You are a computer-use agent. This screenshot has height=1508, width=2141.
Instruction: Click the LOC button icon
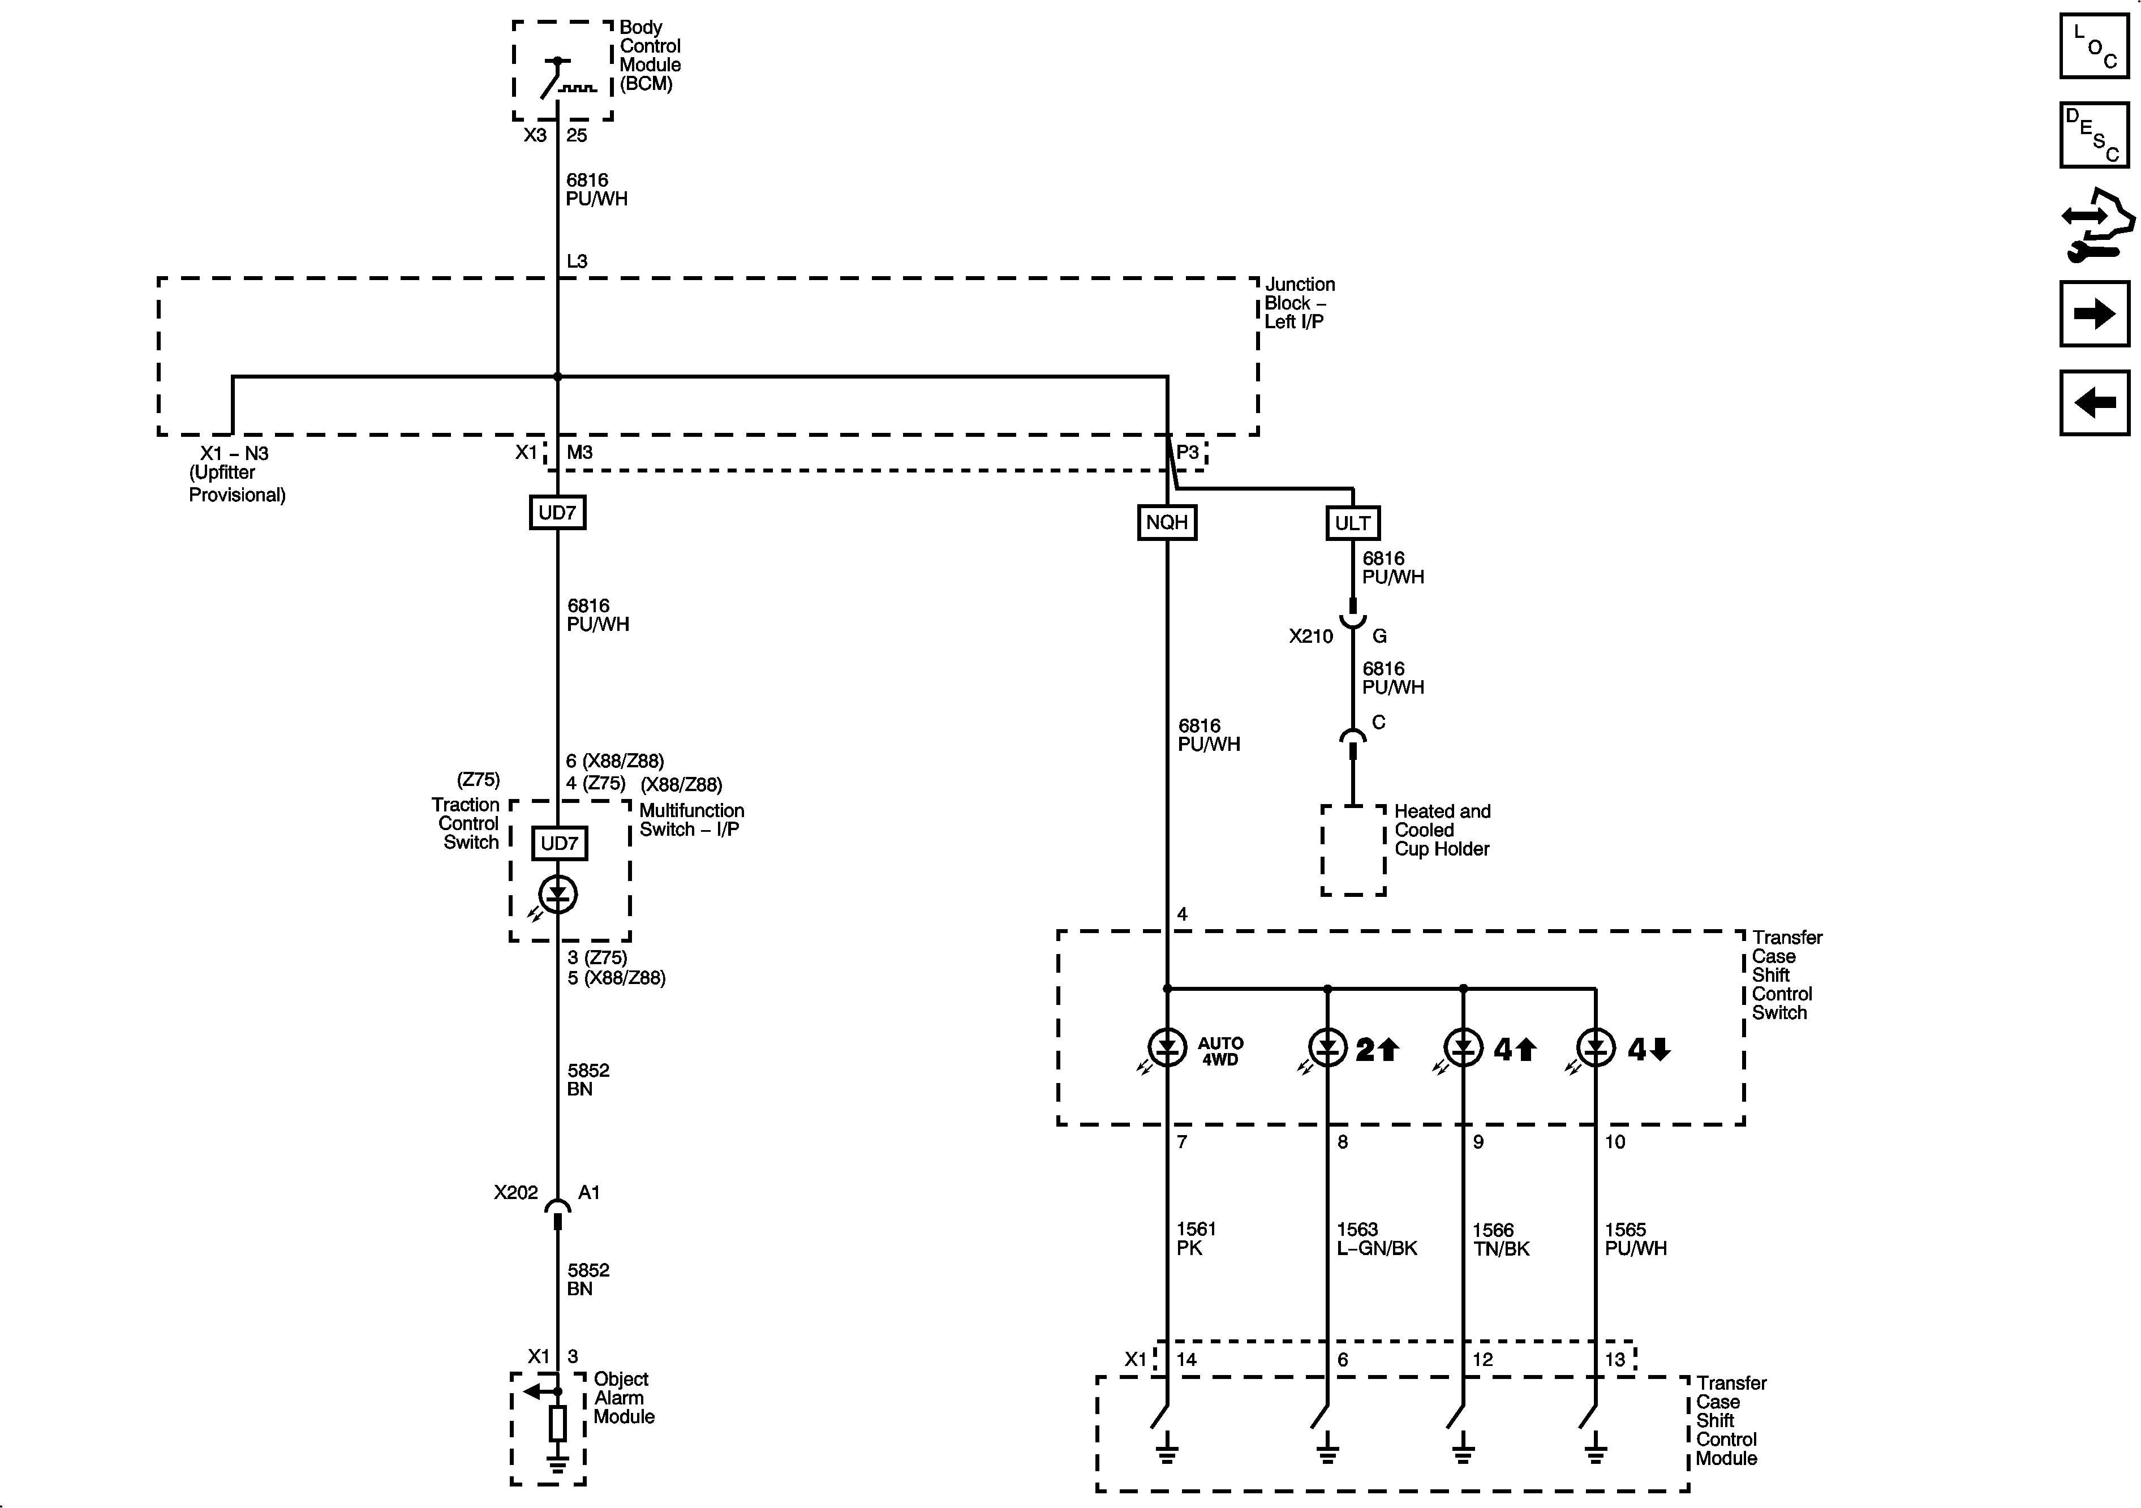(x=2095, y=46)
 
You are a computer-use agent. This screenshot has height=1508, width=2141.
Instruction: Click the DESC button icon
(x=2095, y=135)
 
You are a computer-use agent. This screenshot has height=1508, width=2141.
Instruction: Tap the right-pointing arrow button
(x=2095, y=313)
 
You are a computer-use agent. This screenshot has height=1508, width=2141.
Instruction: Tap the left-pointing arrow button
(x=2095, y=403)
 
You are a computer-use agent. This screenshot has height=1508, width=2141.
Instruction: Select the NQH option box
(x=1167, y=522)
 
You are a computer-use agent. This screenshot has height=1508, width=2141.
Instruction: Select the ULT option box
(x=1352, y=523)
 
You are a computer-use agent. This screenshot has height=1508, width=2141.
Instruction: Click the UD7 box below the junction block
(x=558, y=512)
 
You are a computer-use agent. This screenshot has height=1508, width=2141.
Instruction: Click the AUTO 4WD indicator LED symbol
(x=1167, y=1048)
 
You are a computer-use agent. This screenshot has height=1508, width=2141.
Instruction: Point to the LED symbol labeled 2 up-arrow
(x=1327, y=1048)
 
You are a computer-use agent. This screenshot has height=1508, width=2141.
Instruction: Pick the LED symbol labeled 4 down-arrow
(x=1596, y=1048)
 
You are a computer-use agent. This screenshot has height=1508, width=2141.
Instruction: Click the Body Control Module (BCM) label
(x=650, y=56)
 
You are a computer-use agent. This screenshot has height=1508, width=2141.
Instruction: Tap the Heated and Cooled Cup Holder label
(x=1442, y=830)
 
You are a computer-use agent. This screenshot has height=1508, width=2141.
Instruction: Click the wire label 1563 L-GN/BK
(x=1377, y=1239)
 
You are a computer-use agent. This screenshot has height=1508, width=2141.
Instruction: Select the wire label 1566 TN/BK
(x=1501, y=1239)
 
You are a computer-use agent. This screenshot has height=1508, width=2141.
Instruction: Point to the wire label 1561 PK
(x=1196, y=1239)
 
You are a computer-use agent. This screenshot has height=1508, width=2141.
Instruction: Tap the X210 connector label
(x=1310, y=636)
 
